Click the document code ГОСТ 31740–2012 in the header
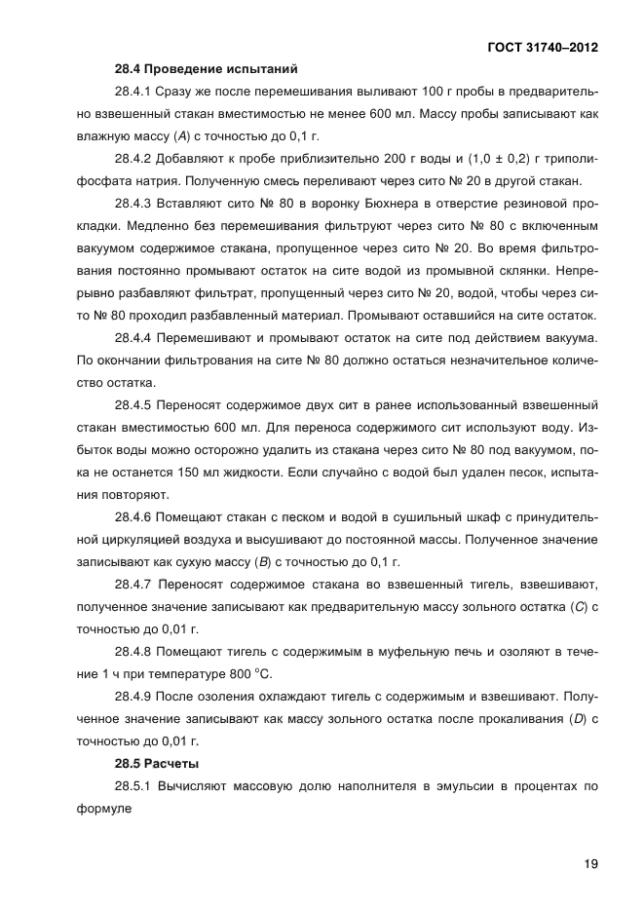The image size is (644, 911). coord(543,46)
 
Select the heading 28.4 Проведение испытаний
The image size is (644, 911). coord(205,68)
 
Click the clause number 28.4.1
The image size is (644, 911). coord(135,92)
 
